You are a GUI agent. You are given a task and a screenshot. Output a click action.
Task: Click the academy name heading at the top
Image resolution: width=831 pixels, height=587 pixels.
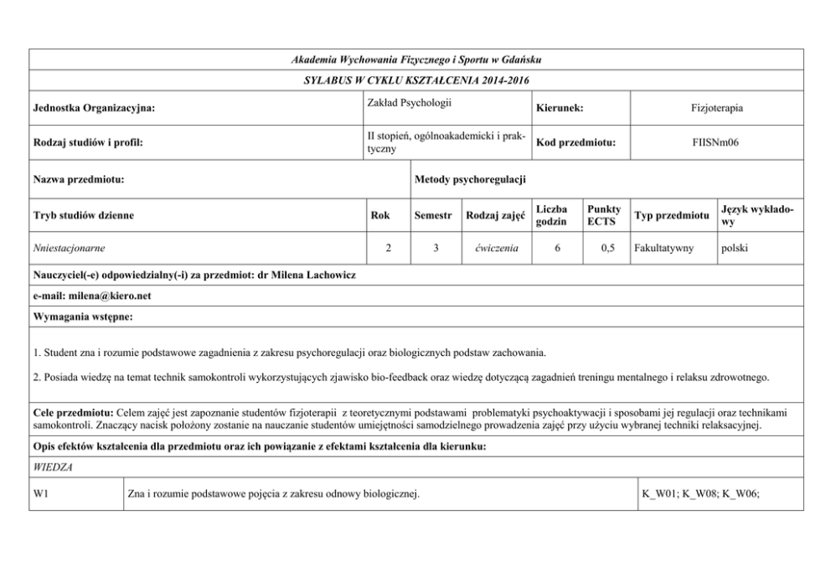point(415,60)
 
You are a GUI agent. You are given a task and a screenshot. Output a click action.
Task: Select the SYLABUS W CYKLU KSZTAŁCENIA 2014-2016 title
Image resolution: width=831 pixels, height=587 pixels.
point(415,80)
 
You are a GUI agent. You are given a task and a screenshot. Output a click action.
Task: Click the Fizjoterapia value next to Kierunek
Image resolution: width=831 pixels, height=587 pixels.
point(717,108)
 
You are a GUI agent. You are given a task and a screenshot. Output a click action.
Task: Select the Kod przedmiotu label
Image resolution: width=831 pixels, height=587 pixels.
point(576,142)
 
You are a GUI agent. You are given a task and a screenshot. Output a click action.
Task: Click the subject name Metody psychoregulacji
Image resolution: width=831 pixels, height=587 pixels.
point(470,179)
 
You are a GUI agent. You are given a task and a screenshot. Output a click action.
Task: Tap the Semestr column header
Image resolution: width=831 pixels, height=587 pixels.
point(435,215)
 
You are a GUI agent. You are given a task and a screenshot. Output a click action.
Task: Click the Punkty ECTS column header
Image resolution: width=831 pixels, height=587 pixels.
point(604,215)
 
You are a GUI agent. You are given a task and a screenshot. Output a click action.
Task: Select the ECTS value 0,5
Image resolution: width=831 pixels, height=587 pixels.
point(604,249)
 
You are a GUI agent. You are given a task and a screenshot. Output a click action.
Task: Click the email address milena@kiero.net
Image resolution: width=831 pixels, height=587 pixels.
point(112,296)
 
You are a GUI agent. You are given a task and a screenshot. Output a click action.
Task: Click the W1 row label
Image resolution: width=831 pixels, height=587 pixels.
point(41,494)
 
